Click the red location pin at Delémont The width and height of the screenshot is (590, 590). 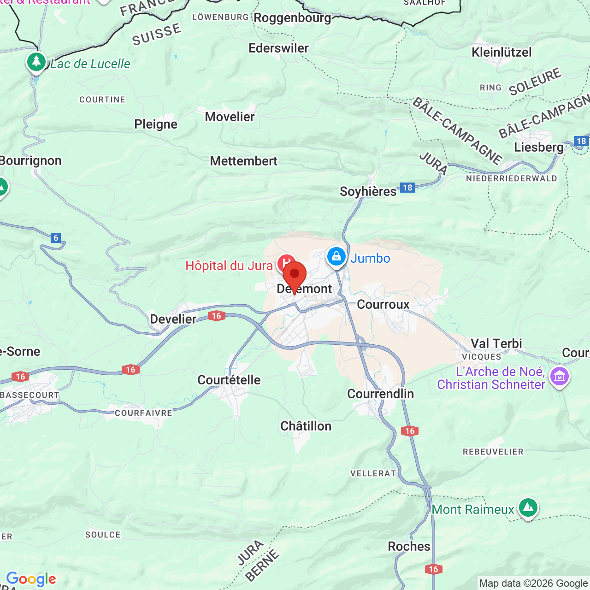tap(295, 275)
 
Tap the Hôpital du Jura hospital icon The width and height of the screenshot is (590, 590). tap(286, 263)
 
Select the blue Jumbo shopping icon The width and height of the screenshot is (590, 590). tap(336, 257)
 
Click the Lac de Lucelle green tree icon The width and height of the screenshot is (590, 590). tap(36, 62)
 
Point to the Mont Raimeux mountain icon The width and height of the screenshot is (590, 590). tap(528, 507)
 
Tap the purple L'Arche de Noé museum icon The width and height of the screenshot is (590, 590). tap(559, 376)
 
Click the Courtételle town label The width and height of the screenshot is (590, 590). tap(229, 380)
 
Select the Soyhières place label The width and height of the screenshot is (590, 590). tap(368, 191)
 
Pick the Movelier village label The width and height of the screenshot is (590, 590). tap(230, 117)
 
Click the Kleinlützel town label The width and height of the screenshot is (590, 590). tap(501, 52)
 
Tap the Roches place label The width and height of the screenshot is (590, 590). tap(409, 546)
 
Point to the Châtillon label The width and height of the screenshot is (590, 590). tap(306, 426)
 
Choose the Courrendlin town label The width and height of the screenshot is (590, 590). tap(380, 394)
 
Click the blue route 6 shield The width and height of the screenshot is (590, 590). tap(56, 238)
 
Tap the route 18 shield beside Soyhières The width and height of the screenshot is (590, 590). tap(407, 187)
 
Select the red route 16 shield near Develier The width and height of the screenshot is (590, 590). tap(217, 316)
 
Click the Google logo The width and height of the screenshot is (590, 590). tap(31, 579)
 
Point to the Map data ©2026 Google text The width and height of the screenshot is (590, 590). tap(533, 583)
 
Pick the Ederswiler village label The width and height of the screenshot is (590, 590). tap(278, 48)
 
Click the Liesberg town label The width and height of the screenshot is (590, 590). tap(538, 147)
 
